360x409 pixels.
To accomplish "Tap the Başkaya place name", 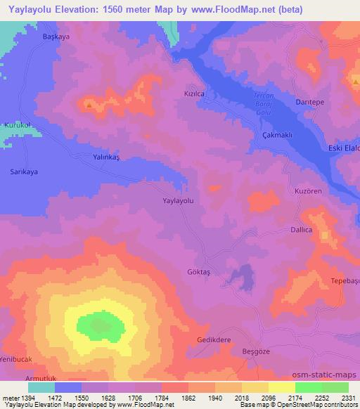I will pyautogui.click(x=58, y=37).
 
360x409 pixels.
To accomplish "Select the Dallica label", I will pyautogui.click(x=303, y=229).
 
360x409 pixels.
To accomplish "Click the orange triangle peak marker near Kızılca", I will pyautogui.click(x=89, y=105).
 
